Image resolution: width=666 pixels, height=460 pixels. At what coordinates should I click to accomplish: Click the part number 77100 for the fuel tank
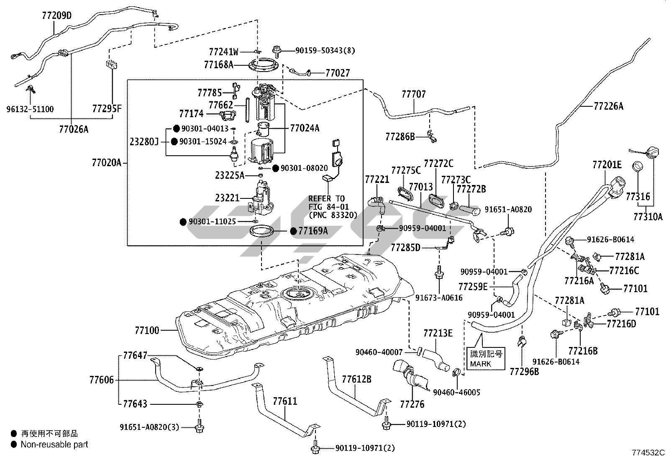[x=147, y=331]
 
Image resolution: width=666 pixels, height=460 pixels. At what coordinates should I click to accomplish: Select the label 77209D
[x=56, y=16]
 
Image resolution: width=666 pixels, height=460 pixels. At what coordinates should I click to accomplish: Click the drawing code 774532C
[x=648, y=452]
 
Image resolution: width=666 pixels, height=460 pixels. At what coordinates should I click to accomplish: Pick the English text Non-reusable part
[x=54, y=445]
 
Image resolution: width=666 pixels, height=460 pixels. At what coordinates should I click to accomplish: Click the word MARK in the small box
[x=481, y=364]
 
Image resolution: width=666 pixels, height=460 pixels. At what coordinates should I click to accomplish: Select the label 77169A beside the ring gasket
[x=313, y=231]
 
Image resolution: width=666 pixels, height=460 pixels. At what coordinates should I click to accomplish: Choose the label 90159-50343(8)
[x=325, y=51]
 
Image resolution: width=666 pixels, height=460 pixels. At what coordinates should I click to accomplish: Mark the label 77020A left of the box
[x=106, y=162]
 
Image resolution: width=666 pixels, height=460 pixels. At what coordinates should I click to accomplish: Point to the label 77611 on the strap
[x=285, y=402]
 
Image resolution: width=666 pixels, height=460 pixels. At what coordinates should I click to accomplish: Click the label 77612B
[x=356, y=380]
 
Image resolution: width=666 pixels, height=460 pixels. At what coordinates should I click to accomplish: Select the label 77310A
[x=648, y=216]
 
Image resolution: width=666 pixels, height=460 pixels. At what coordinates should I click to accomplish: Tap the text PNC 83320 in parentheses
[x=333, y=215]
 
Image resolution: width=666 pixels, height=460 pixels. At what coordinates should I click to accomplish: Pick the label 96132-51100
[x=30, y=109]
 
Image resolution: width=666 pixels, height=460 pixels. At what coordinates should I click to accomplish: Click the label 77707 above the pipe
[x=413, y=94]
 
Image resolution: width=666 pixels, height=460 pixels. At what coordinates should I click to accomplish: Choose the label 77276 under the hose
[x=412, y=404]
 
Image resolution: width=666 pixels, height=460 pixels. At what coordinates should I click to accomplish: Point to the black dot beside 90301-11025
[x=183, y=222]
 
